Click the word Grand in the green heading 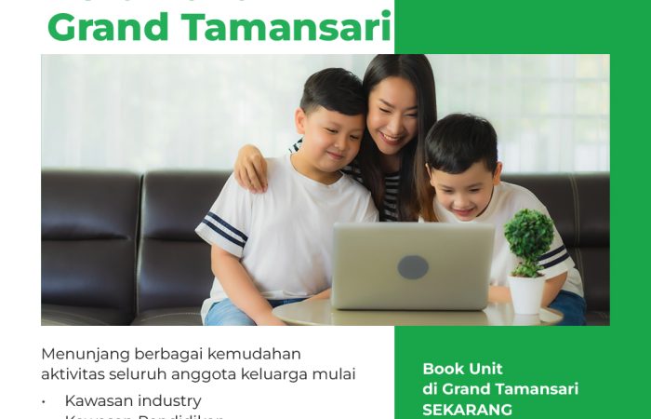click(105, 27)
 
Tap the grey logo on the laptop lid click(414, 266)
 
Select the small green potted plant click(529, 238)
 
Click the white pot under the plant click(526, 293)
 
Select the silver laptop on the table click(414, 266)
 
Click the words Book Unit click(462, 369)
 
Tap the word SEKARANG click(467, 409)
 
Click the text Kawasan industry click(132, 400)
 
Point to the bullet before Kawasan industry click(45, 401)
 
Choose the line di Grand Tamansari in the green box click(500, 389)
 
